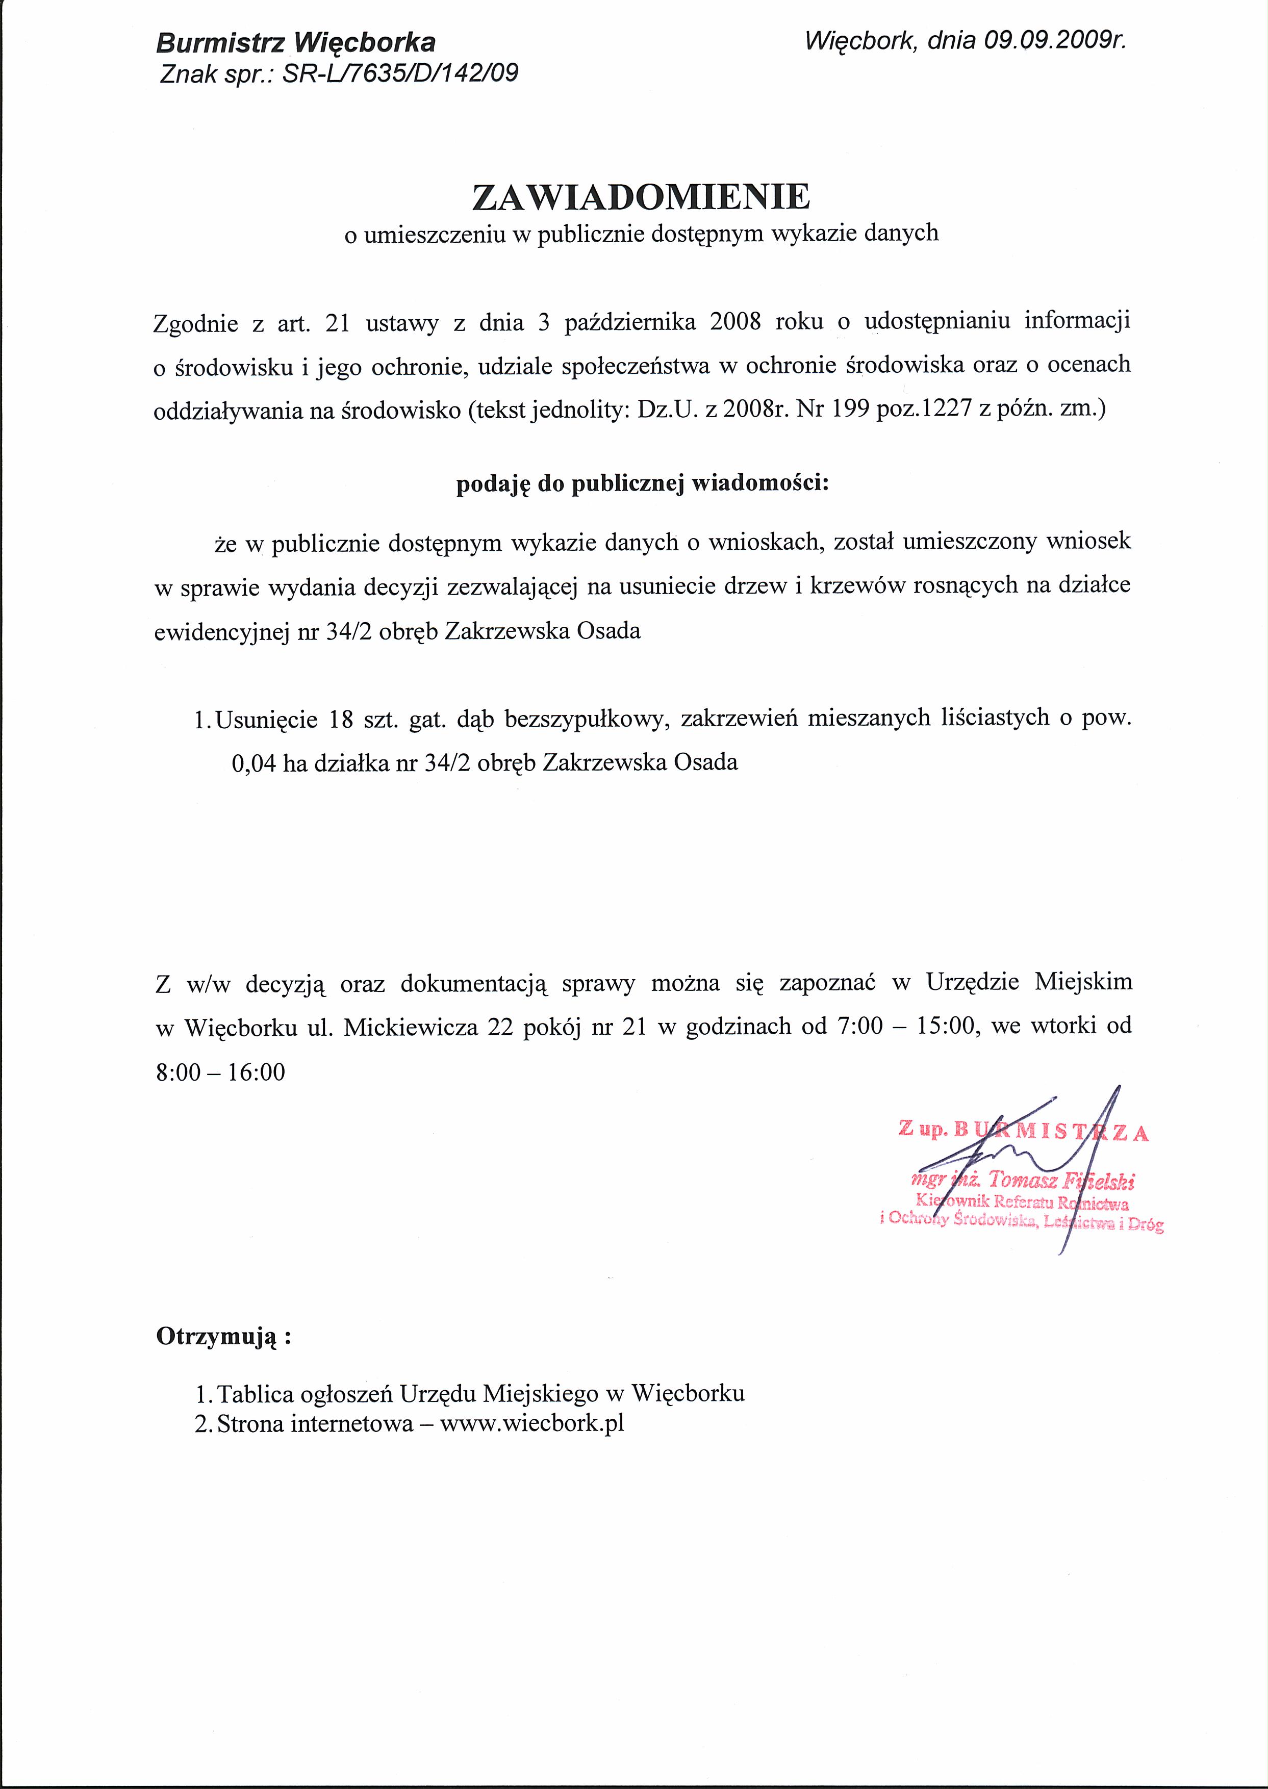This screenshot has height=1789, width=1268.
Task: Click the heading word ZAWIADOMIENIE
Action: coord(641,197)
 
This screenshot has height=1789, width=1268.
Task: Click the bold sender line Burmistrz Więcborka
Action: coord(296,42)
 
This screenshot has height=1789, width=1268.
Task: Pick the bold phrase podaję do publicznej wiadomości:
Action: coord(641,484)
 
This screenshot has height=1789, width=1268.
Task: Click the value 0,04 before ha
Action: coord(254,762)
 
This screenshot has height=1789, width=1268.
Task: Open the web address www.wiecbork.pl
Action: coord(531,1423)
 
